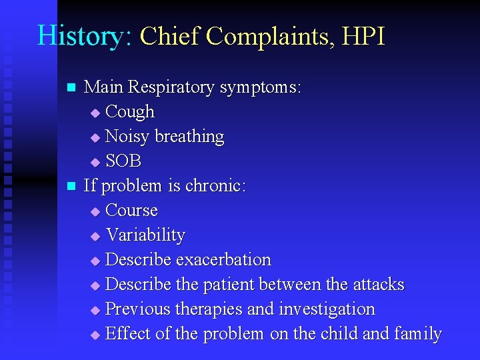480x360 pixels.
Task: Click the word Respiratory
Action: point(173,87)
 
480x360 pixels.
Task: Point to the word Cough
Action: point(130,111)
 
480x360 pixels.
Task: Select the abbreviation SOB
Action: point(124,161)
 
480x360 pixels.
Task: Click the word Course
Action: point(132,210)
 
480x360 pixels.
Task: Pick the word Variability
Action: point(145,235)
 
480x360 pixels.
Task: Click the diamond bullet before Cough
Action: point(95,113)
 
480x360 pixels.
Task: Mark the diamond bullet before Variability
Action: point(95,236)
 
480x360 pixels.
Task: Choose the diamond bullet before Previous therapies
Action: point(95,310)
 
